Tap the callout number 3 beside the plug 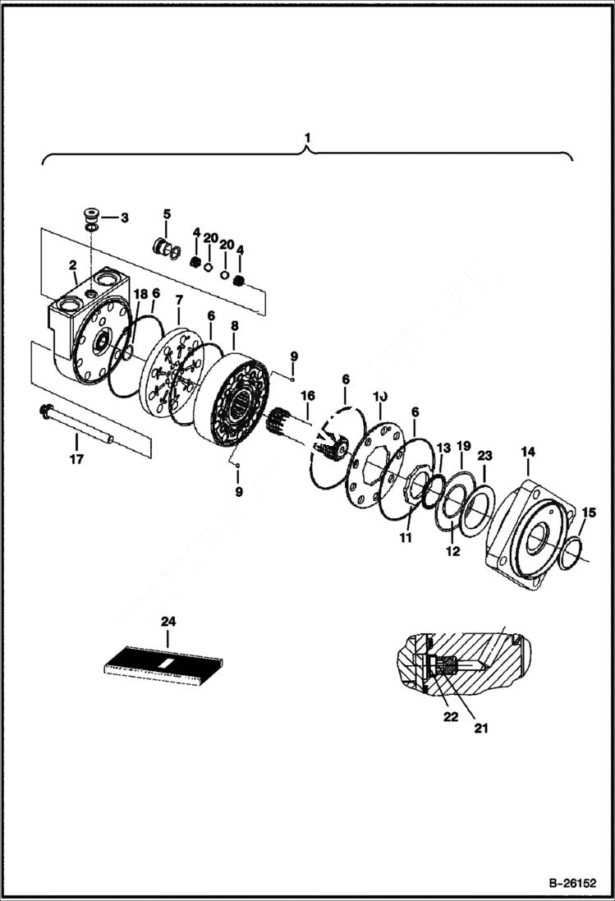(124, 218)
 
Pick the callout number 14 (527, 452)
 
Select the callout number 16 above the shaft (307, 396)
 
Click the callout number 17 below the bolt (76, 459)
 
